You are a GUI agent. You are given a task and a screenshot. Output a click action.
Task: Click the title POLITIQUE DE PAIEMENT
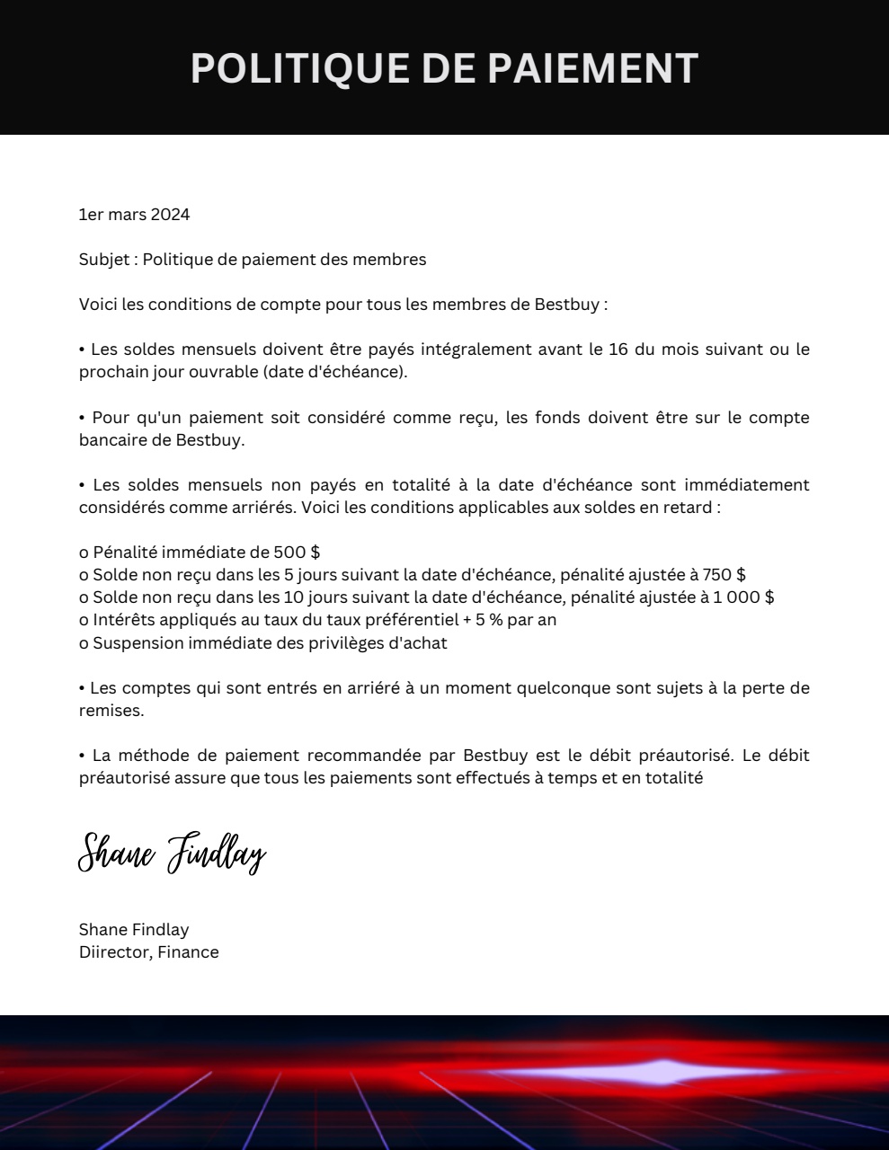444,68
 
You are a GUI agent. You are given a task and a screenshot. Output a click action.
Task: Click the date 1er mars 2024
134,215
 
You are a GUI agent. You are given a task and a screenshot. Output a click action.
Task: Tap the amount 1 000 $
743,597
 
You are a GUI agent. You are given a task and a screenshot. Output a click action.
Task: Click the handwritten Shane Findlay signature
172,853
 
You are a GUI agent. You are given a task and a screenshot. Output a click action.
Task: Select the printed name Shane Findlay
134,930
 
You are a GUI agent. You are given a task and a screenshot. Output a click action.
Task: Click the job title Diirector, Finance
148,952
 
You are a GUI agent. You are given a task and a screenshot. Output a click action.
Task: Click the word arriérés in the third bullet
262,508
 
